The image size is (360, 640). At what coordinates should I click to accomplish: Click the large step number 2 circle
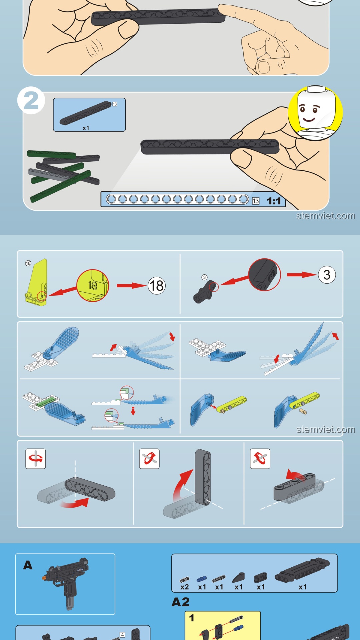coord(31,100)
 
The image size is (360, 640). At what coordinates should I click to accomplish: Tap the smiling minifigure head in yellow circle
coord(315,112)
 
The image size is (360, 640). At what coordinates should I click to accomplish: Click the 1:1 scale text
coord(274,201)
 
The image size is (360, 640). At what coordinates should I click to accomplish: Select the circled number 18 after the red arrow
coord(157,286)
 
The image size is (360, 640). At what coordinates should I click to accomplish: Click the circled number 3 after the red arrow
coord(327,275)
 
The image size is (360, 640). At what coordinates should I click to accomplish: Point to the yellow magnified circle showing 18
coord(93,286)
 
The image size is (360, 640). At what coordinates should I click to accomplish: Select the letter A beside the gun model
coord(28,565)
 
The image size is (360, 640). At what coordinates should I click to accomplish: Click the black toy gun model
coord(67,582)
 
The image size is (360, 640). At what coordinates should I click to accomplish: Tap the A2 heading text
coord(181,602)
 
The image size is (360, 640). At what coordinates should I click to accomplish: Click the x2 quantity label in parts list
coord(184,587)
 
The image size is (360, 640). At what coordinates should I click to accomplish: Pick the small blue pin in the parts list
coord(201,579)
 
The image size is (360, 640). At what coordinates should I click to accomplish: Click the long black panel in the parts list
coord(302,570)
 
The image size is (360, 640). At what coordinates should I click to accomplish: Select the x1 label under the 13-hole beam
coord(86,128)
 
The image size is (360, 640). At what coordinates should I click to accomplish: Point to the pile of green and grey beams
coord(63,175)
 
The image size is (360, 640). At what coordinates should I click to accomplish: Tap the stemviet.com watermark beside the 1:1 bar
coord(326,216)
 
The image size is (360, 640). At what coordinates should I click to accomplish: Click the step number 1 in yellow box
coord(192,618)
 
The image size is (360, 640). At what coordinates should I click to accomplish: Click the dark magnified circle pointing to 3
coord(264,275)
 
